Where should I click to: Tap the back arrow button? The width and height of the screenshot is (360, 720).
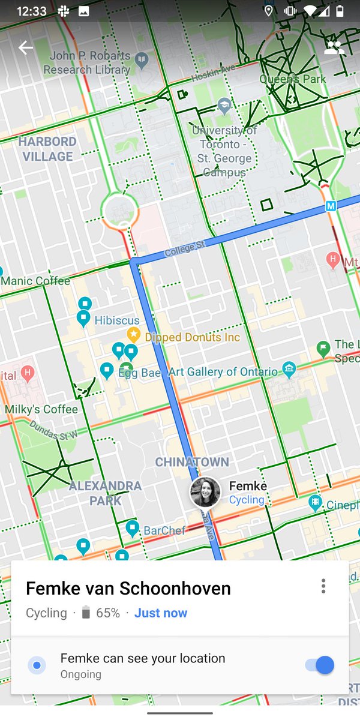point(26,48)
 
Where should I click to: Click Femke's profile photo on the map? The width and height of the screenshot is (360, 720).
point(205,493)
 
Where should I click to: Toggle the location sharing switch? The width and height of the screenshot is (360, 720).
point(319,665)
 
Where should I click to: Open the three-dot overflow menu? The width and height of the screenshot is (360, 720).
point(323,586)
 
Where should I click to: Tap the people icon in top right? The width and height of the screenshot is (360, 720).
point(334,48)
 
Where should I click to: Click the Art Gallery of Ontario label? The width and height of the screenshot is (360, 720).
point(223,372)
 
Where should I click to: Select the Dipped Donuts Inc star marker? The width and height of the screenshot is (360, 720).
point(133,334)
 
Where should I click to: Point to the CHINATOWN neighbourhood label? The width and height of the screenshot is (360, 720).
point(192,462)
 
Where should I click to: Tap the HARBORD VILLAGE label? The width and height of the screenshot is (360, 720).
point(47,149)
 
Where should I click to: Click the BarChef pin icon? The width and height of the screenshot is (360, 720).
point(133,528)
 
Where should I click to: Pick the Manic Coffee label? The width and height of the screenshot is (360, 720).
point(35,281)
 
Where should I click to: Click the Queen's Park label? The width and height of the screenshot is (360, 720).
point(293,79)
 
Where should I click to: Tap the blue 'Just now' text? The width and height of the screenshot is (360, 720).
point(161,613)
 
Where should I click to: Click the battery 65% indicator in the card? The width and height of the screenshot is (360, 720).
point(101,613)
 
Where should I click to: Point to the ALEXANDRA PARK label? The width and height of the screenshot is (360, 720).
point(105,493)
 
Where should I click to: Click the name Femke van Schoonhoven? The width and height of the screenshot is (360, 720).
point(128,589)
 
